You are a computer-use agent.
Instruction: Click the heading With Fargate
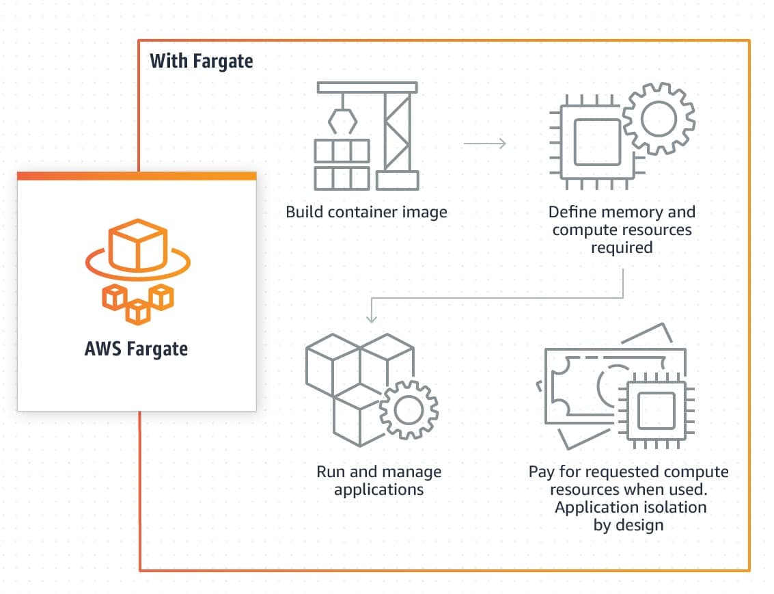[x=201, y=61]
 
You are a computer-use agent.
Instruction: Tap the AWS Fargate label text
[x=136, y=349]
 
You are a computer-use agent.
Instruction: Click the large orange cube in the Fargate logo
[x=137, y=245]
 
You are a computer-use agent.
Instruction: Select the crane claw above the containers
[x=342, y=120]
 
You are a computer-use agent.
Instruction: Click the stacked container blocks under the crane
[x=342, y=165]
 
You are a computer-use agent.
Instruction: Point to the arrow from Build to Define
[x=484, y=144]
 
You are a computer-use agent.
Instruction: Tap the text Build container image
[x=366, y=212]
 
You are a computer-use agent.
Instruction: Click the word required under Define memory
[x=622, y=247]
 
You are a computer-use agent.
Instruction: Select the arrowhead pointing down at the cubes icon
[x=371, y=316]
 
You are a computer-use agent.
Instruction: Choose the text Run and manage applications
[x=378, y=481]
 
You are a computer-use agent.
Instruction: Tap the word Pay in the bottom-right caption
[x=541, y=472]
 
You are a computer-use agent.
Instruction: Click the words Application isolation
[x=630, y=507]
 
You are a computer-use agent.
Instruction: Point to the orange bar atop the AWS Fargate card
[x=137, y=176]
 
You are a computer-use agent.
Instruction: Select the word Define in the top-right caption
[x=571, y=212]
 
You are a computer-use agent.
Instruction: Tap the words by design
[x=628, y=525]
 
